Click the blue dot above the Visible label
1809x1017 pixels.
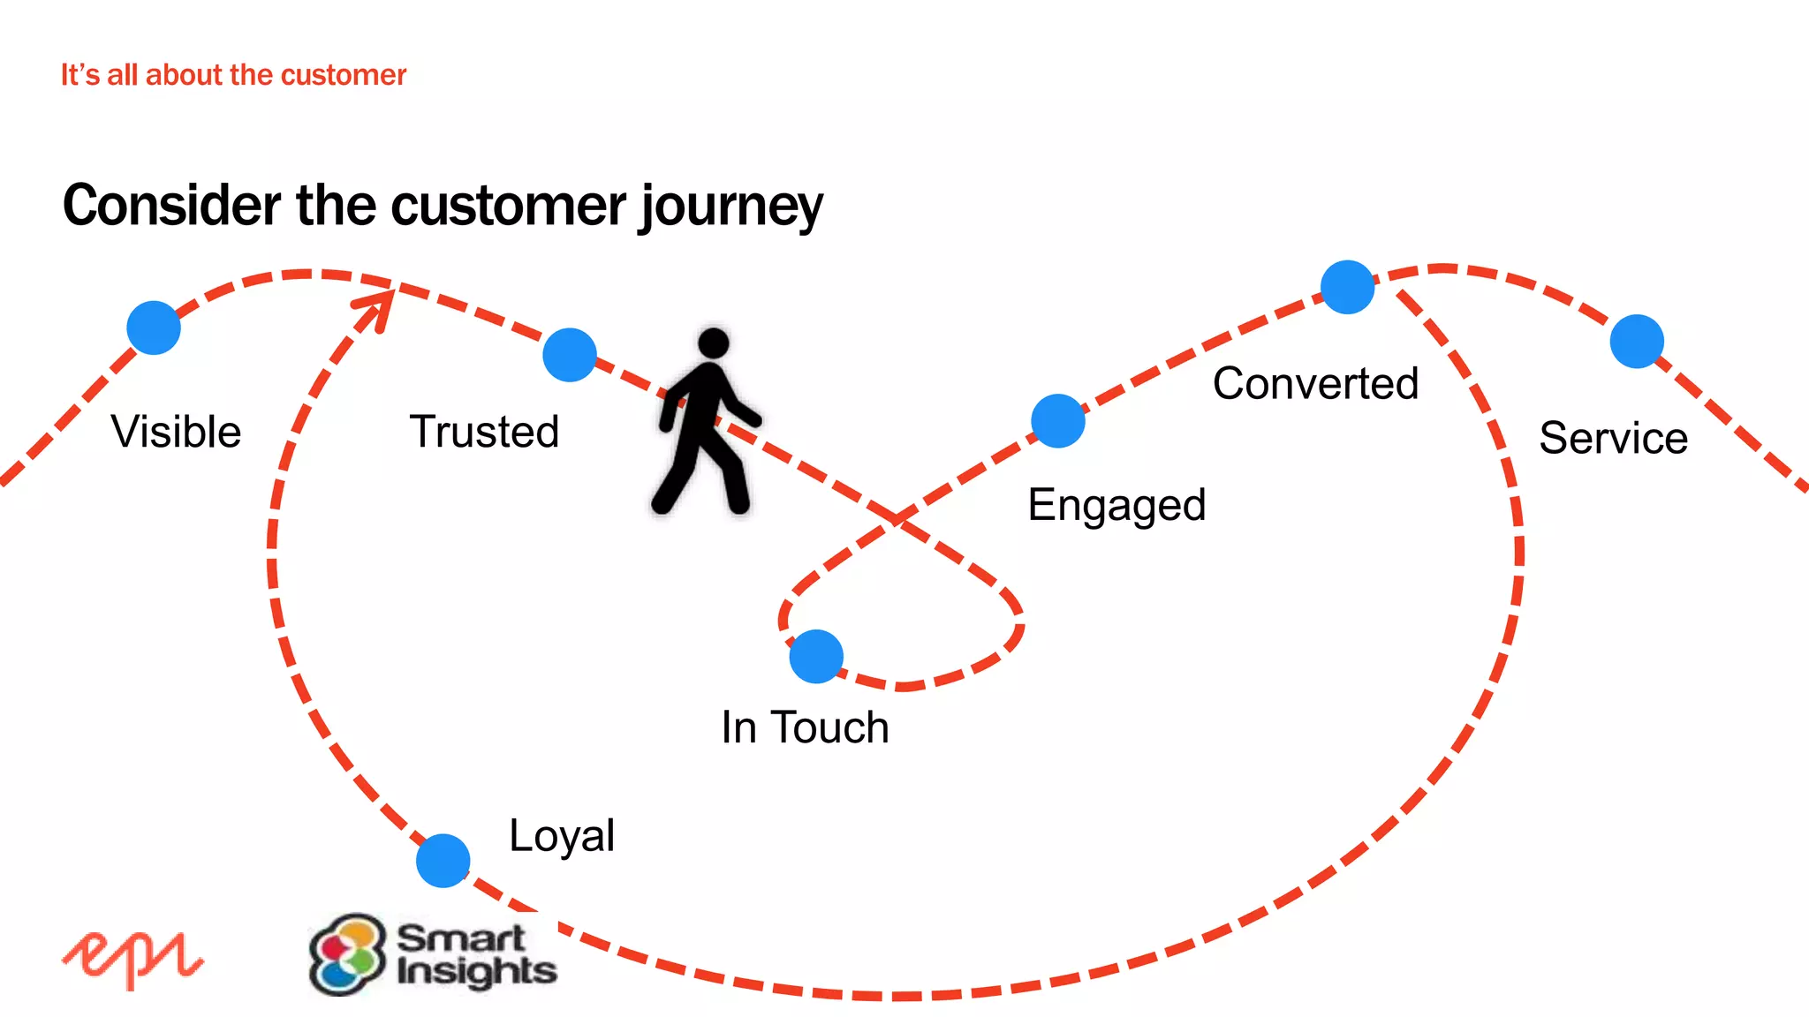pyautogui.click(x=154, y=328)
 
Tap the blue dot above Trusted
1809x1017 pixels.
pyautogui.click(x=570, y=355)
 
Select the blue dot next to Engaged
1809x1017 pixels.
pyautogui.click(x=1057, y=421)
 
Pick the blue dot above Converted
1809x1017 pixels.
pyautogui.click(x=1347, y=287)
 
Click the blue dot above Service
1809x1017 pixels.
pyautogui.click(x=1637, y=342)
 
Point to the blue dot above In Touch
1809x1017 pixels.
pyautogui.click(x=816, y=656)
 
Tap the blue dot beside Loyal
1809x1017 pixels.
pyautogui.click(x=443, y=861)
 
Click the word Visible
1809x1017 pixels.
pyautogui.click(x=176, y=432)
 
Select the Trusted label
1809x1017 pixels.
pyautogui.click(x=484, y=432)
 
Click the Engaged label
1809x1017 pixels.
pyautogui.click(x=1116, y=506)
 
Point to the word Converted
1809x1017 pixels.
pyautogui.click(x=1315, y=383)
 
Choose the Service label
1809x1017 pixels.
pyautogui.click(x=1613, y=438)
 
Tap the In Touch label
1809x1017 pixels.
pyautogui.click(x=805, y=727)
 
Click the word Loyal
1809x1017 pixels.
pyautogui.click(x=562, y=836)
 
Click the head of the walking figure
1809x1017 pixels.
pyautogui.click(x=713, y=343)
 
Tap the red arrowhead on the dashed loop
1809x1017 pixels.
pyautogui.click(x=378, y=305)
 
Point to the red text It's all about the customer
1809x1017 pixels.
pyautogui.click(x=233, y=75)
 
